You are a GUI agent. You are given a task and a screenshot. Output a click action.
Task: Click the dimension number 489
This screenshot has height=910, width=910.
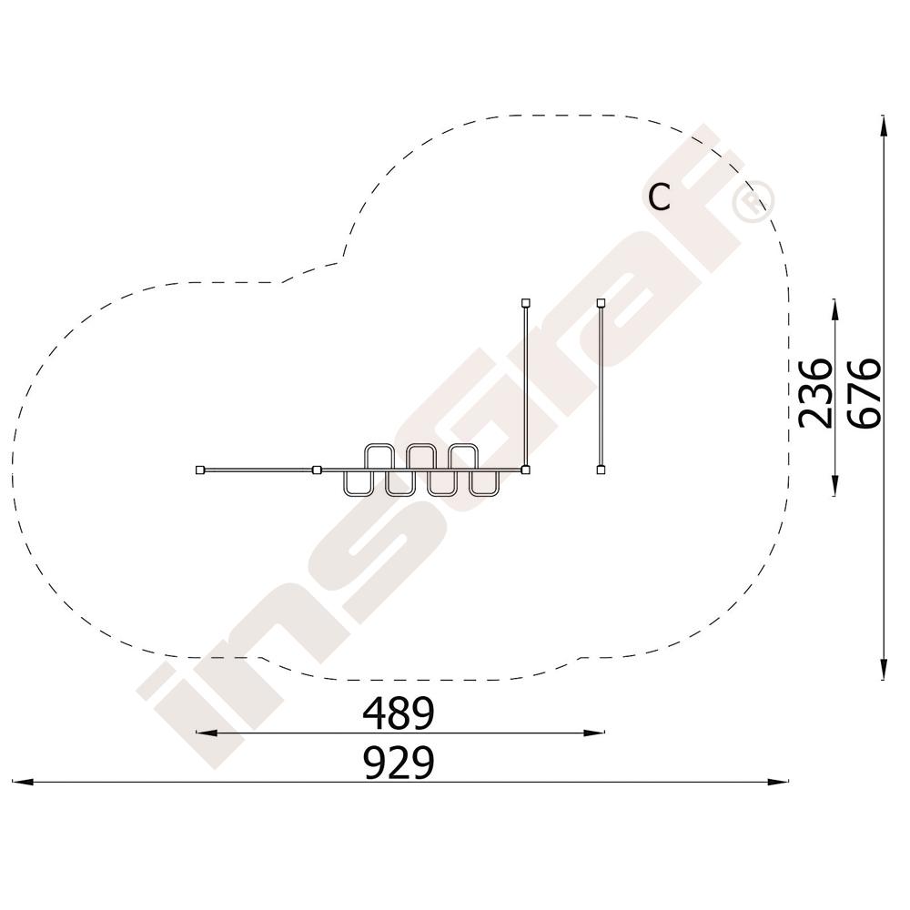pos(399,713)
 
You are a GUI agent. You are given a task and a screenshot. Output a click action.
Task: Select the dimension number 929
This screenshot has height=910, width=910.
pos(399,763)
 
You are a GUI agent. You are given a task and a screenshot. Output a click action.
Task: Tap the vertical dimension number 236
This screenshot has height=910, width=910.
pos(814,393)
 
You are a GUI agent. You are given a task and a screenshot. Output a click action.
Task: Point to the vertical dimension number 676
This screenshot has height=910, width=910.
pos(864,393)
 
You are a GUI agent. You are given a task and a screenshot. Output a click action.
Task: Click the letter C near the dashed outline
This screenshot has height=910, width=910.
pos(659,197)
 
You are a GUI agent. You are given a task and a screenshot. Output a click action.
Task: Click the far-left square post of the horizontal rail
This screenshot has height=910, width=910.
pos(200,470)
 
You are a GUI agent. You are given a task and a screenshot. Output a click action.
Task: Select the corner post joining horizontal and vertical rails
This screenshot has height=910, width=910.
pos(525,470)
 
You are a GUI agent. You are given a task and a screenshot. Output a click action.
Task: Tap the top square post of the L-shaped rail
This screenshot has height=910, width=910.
pos(525,302)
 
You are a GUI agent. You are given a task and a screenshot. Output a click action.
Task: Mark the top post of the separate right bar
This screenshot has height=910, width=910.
pos(602,302)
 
